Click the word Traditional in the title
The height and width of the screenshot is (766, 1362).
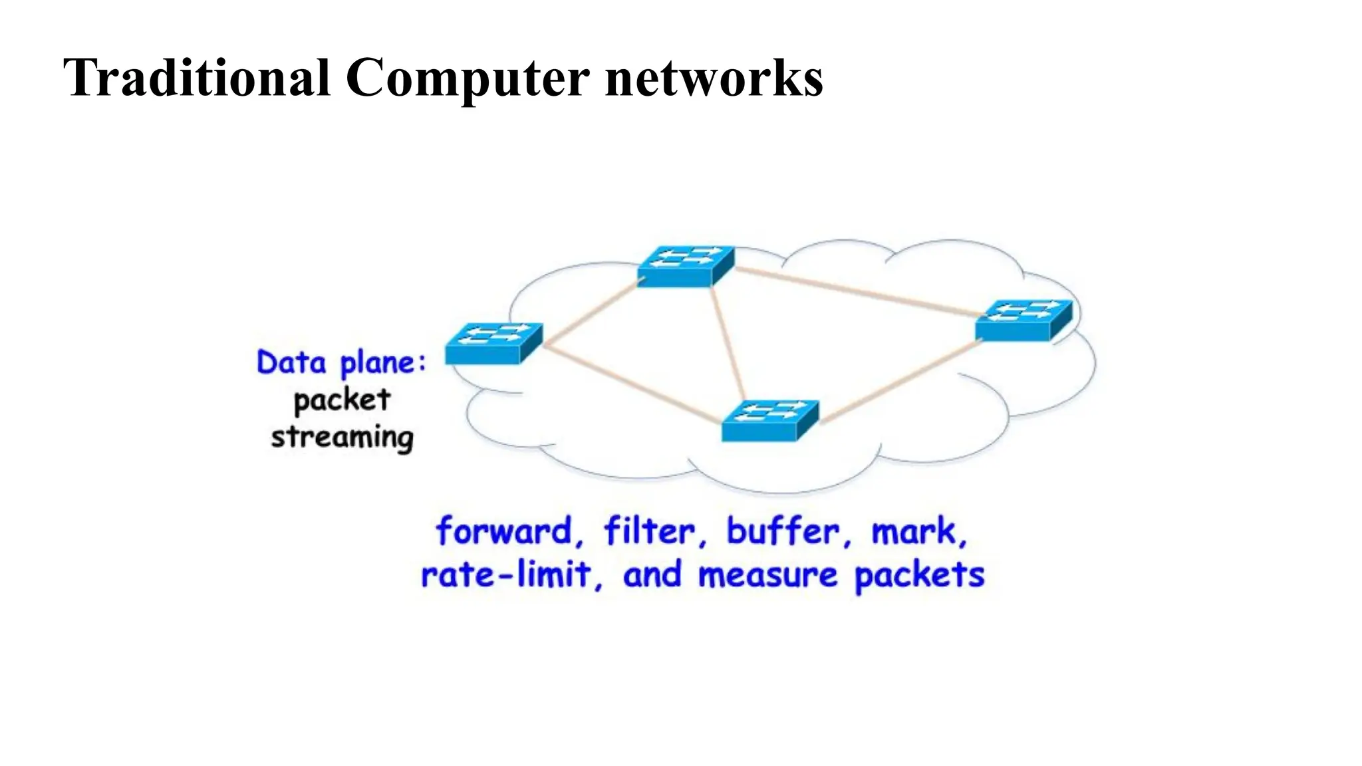197,78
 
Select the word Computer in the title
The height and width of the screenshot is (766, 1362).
467,78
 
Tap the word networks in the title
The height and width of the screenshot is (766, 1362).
714,78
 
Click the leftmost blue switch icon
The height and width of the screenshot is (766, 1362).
493,343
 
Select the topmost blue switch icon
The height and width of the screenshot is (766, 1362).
686,266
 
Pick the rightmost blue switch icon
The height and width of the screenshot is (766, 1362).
1023,320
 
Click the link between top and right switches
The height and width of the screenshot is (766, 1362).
855,290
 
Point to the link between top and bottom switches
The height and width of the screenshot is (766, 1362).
728,342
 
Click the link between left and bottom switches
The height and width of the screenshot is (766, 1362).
632,382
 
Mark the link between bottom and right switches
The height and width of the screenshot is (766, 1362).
898,380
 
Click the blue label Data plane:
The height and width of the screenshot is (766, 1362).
341,364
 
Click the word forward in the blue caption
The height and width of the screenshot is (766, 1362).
504,531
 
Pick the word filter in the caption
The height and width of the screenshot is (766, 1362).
649,531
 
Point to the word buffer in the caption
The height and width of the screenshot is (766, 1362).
783,531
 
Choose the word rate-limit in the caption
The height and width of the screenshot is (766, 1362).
505,575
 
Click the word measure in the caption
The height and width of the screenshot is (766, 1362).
767,575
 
